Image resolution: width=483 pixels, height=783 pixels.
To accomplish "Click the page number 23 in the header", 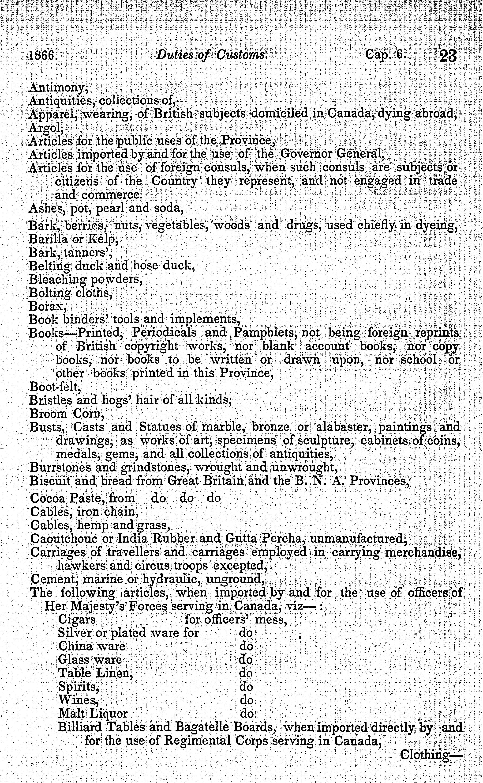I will pos(448,57).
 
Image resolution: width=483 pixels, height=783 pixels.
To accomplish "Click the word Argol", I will pos(46,128).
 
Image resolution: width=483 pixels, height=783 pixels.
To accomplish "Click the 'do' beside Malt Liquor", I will pos(247,713).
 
